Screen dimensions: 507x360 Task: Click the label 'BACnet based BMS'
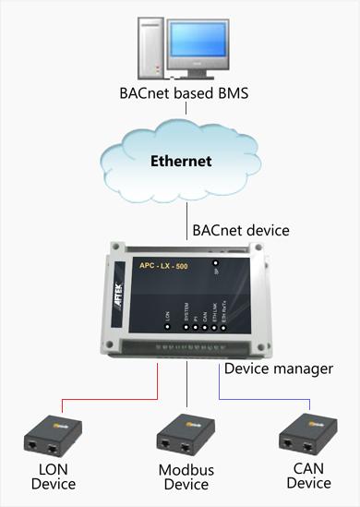pyautogui.click(x=184, y=93)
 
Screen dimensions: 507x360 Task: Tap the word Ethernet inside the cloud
pyautogui.click(x=181, y=161)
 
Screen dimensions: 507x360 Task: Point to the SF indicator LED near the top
pyautogui.click(x=216, y=263)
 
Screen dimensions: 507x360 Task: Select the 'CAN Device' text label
pyautogui.click(x=308, y=476)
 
